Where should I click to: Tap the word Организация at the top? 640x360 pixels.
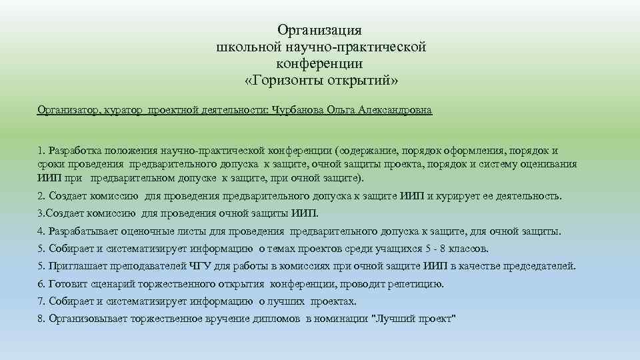click(x=319, y=30)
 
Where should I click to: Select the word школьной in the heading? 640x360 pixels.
click(x=243, y=47)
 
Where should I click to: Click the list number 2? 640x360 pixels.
click(x=41, y=197)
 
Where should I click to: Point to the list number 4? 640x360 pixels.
click(x=41, y=232)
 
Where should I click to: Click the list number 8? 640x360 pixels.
click(x=41, y=319)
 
